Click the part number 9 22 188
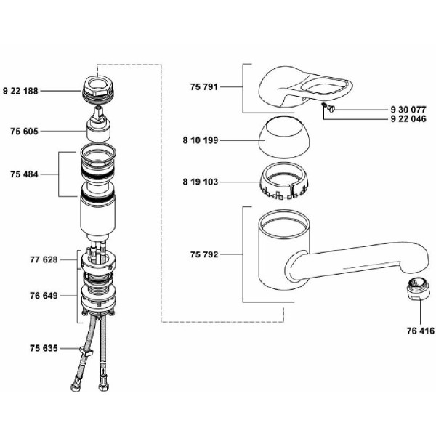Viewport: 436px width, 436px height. pos(20,91)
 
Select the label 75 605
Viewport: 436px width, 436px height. pos(24,132)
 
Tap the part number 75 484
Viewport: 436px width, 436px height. pos(24,174)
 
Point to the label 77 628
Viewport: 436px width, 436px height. pos(44,259)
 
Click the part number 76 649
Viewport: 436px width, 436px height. pos(44,296)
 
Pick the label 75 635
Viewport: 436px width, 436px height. pos(44,348)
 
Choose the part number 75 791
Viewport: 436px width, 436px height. pos(204,87)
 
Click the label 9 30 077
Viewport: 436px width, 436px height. pos(408,110)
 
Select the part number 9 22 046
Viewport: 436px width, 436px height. pos(408,118)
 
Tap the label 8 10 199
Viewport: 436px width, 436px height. pos(201,140)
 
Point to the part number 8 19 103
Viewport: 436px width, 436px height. pos(201,182)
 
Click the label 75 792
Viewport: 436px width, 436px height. pos(204,254)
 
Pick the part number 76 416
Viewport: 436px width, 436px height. pos(421,331)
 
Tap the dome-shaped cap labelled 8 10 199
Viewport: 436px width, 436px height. pos(284,137)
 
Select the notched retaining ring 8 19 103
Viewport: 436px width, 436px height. pos(285,181)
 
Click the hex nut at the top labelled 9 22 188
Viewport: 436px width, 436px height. pos(98,89)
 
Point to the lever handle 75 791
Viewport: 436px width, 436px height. pos(305,86)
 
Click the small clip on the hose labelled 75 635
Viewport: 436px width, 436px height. pos(86,352)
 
